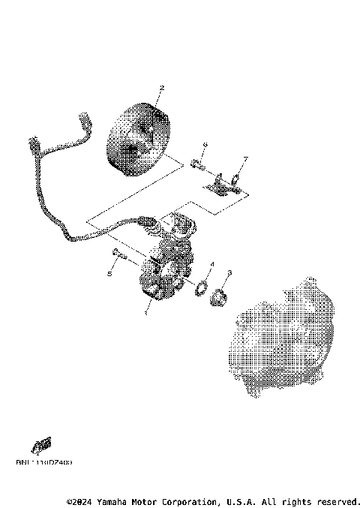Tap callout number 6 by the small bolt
click(204, 144)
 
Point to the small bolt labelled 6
click(197, 163)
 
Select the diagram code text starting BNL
click(44, 462)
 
